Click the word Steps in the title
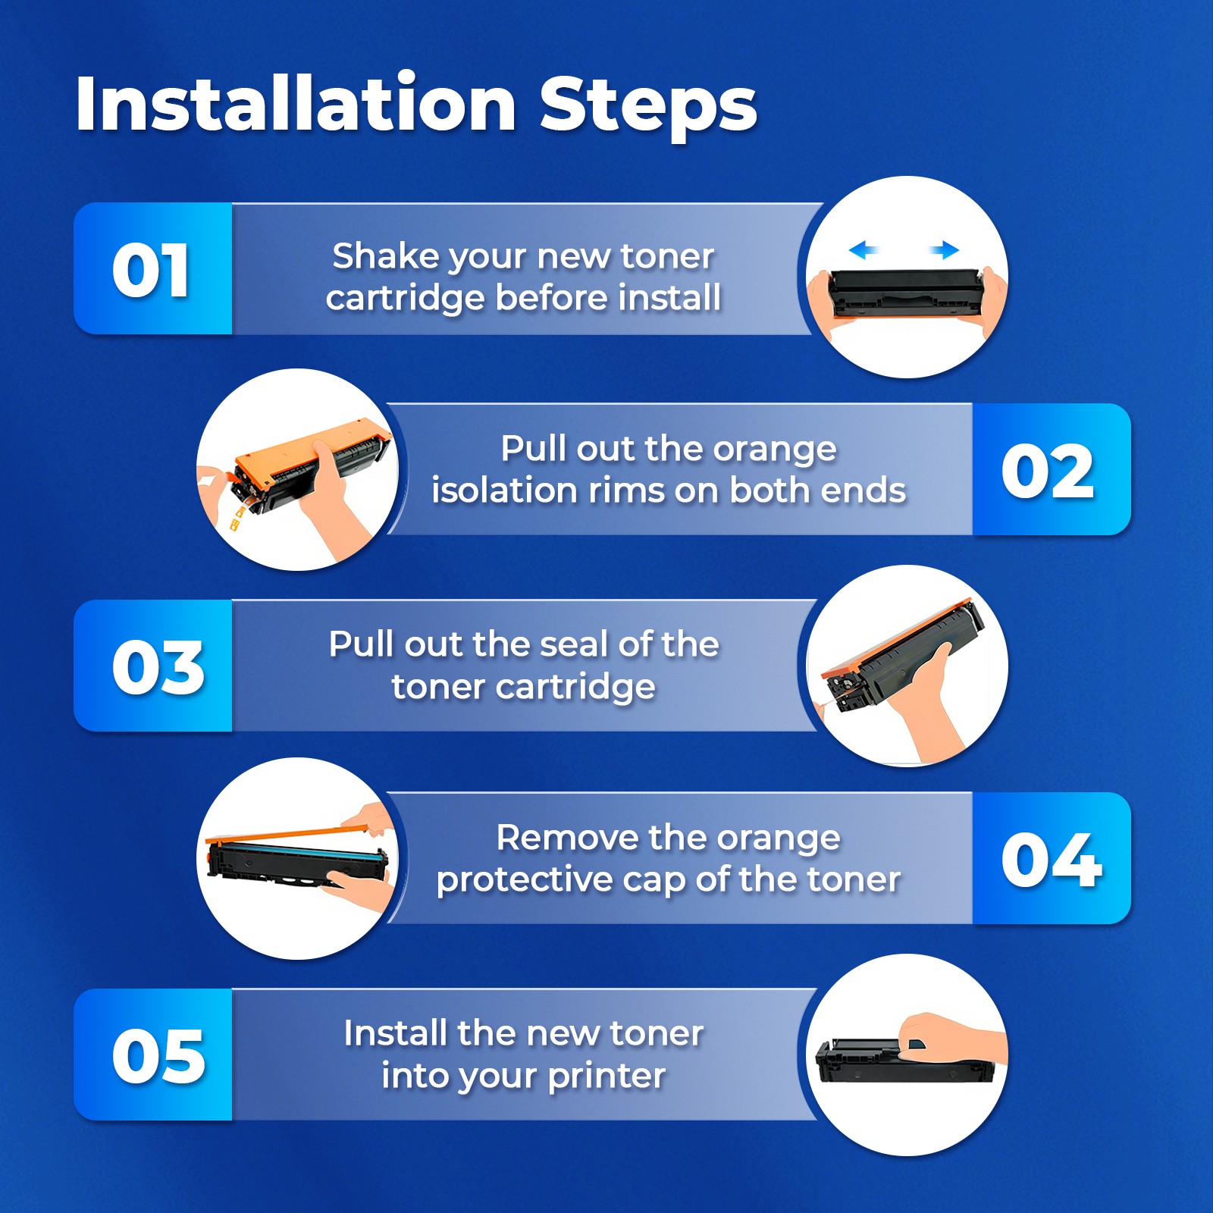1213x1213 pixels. [x=648, y=107]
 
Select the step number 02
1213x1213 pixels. [x=1048, y=471]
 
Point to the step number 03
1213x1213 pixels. [x=158, y=666]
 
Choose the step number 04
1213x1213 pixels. [x=1052, y=859]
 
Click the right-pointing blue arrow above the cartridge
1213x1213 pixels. [x=945, y=249]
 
